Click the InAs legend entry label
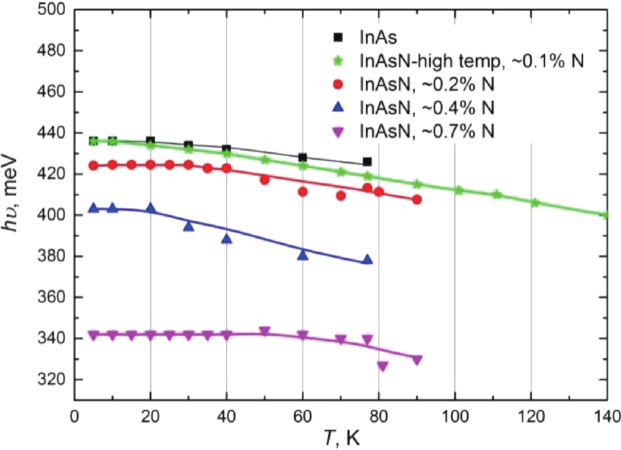[378, 37]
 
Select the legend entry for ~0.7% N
[427, 131]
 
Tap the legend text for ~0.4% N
[427, 108]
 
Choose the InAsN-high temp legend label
[472, 61]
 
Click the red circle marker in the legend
[338, 84]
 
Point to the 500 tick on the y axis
[51, 9]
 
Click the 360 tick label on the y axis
[51, 297]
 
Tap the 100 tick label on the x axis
[455, 416]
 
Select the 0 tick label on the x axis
[75, 416]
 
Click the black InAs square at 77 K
[367, 162]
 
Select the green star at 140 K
[606, 215]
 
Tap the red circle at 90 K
[417, 200]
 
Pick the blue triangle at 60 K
[302, 255]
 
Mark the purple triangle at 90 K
[417, 360]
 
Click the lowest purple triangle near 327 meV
[382, 366]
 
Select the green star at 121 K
[535, 203]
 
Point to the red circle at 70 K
[341, 196]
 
